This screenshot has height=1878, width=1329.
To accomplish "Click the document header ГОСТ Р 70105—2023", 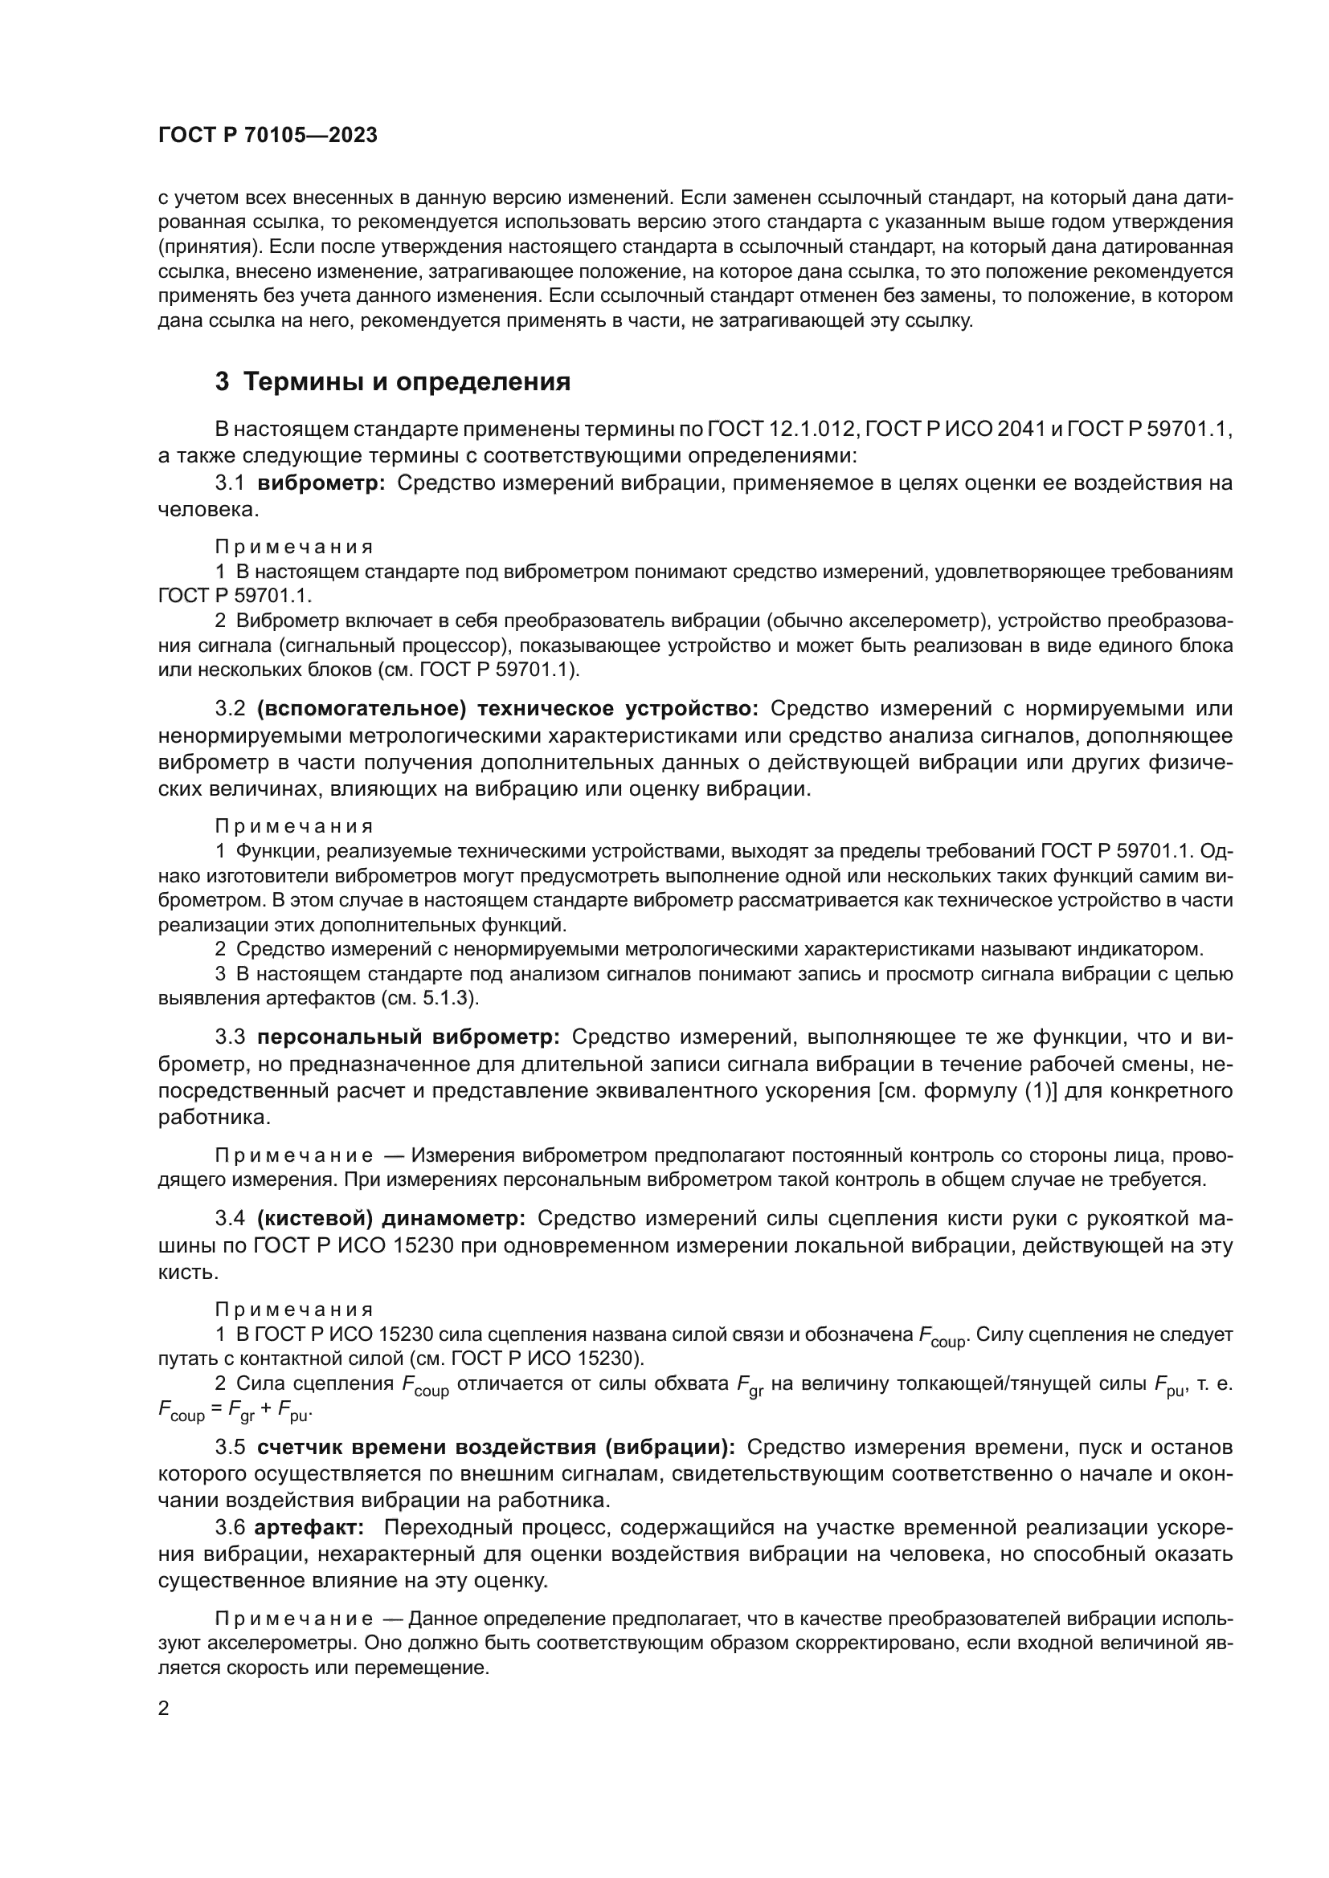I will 268,136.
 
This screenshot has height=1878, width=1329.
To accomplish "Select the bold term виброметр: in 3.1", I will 321,483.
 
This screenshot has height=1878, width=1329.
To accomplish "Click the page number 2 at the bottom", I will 164,1709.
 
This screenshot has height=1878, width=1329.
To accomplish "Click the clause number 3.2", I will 230,708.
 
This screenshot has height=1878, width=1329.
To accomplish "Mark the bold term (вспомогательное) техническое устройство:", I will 507,708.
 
